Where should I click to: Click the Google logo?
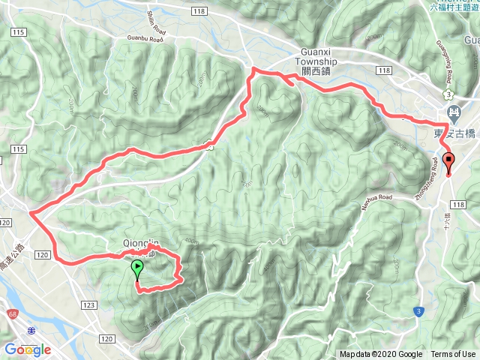point(27,349)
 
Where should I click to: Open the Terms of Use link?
point(452,355)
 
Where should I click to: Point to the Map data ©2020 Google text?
point(380,355)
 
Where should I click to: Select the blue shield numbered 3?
point(418,310)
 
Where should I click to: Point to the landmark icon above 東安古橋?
point(454,115)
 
